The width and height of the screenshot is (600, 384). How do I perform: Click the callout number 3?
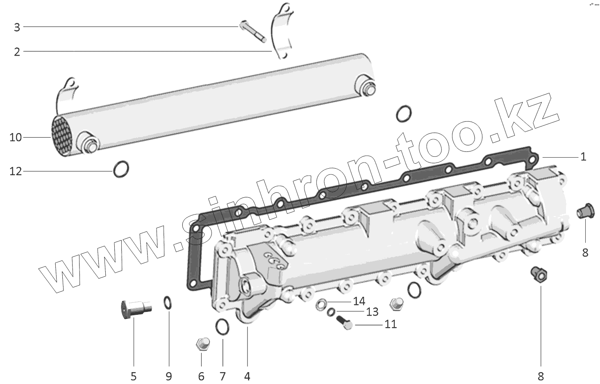[17, 27]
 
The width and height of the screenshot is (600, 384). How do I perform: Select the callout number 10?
[16, 137]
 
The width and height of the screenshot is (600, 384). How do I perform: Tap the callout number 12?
[16, 171]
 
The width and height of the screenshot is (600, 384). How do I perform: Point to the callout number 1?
[583, 157]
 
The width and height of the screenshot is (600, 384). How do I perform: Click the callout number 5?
[133, 376]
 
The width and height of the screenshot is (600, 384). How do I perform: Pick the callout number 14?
[359, 302]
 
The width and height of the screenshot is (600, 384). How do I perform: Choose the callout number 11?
[391, 324]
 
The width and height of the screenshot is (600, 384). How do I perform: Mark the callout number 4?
[247, 376]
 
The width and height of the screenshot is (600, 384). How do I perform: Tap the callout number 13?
[372, 312]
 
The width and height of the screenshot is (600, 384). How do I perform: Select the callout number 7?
[223, 376]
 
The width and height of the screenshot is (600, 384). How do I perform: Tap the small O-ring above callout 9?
[168, 303]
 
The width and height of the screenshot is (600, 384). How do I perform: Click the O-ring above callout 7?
[222, 326]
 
